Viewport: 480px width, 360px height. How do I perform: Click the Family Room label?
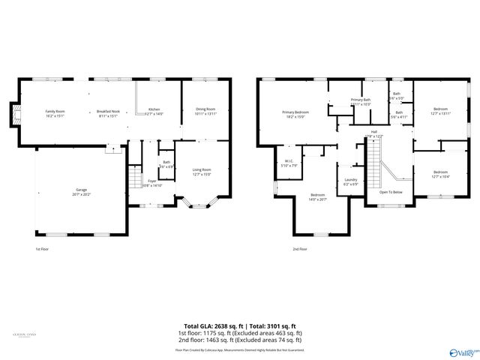pyautogui.click(x=55, y=113)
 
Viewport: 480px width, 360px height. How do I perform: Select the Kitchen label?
pyautogui.click(x=154, y=111)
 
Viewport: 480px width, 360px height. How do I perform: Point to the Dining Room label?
pyautogui.click(x=205, y=111)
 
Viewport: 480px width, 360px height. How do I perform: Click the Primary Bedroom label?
pyautogui.click(x=295, y=114)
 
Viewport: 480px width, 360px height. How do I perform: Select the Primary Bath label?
pyautogui.click(x=361, y=102)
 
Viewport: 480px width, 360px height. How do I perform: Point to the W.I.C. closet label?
pyautogui.click(x=289, y=163)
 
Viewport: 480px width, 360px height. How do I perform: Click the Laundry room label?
pyautogui.click(x=350, y=181)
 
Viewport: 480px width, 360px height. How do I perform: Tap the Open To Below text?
pyautogui.click(x=391, y=192)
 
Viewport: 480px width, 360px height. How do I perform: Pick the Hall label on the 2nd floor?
pyautogui.click(x=373, y=133)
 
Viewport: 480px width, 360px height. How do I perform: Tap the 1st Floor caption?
pyautogui.click(x=43, y=249)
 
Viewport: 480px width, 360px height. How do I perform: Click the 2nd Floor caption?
pyautogui.click(x=300, y=249)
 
